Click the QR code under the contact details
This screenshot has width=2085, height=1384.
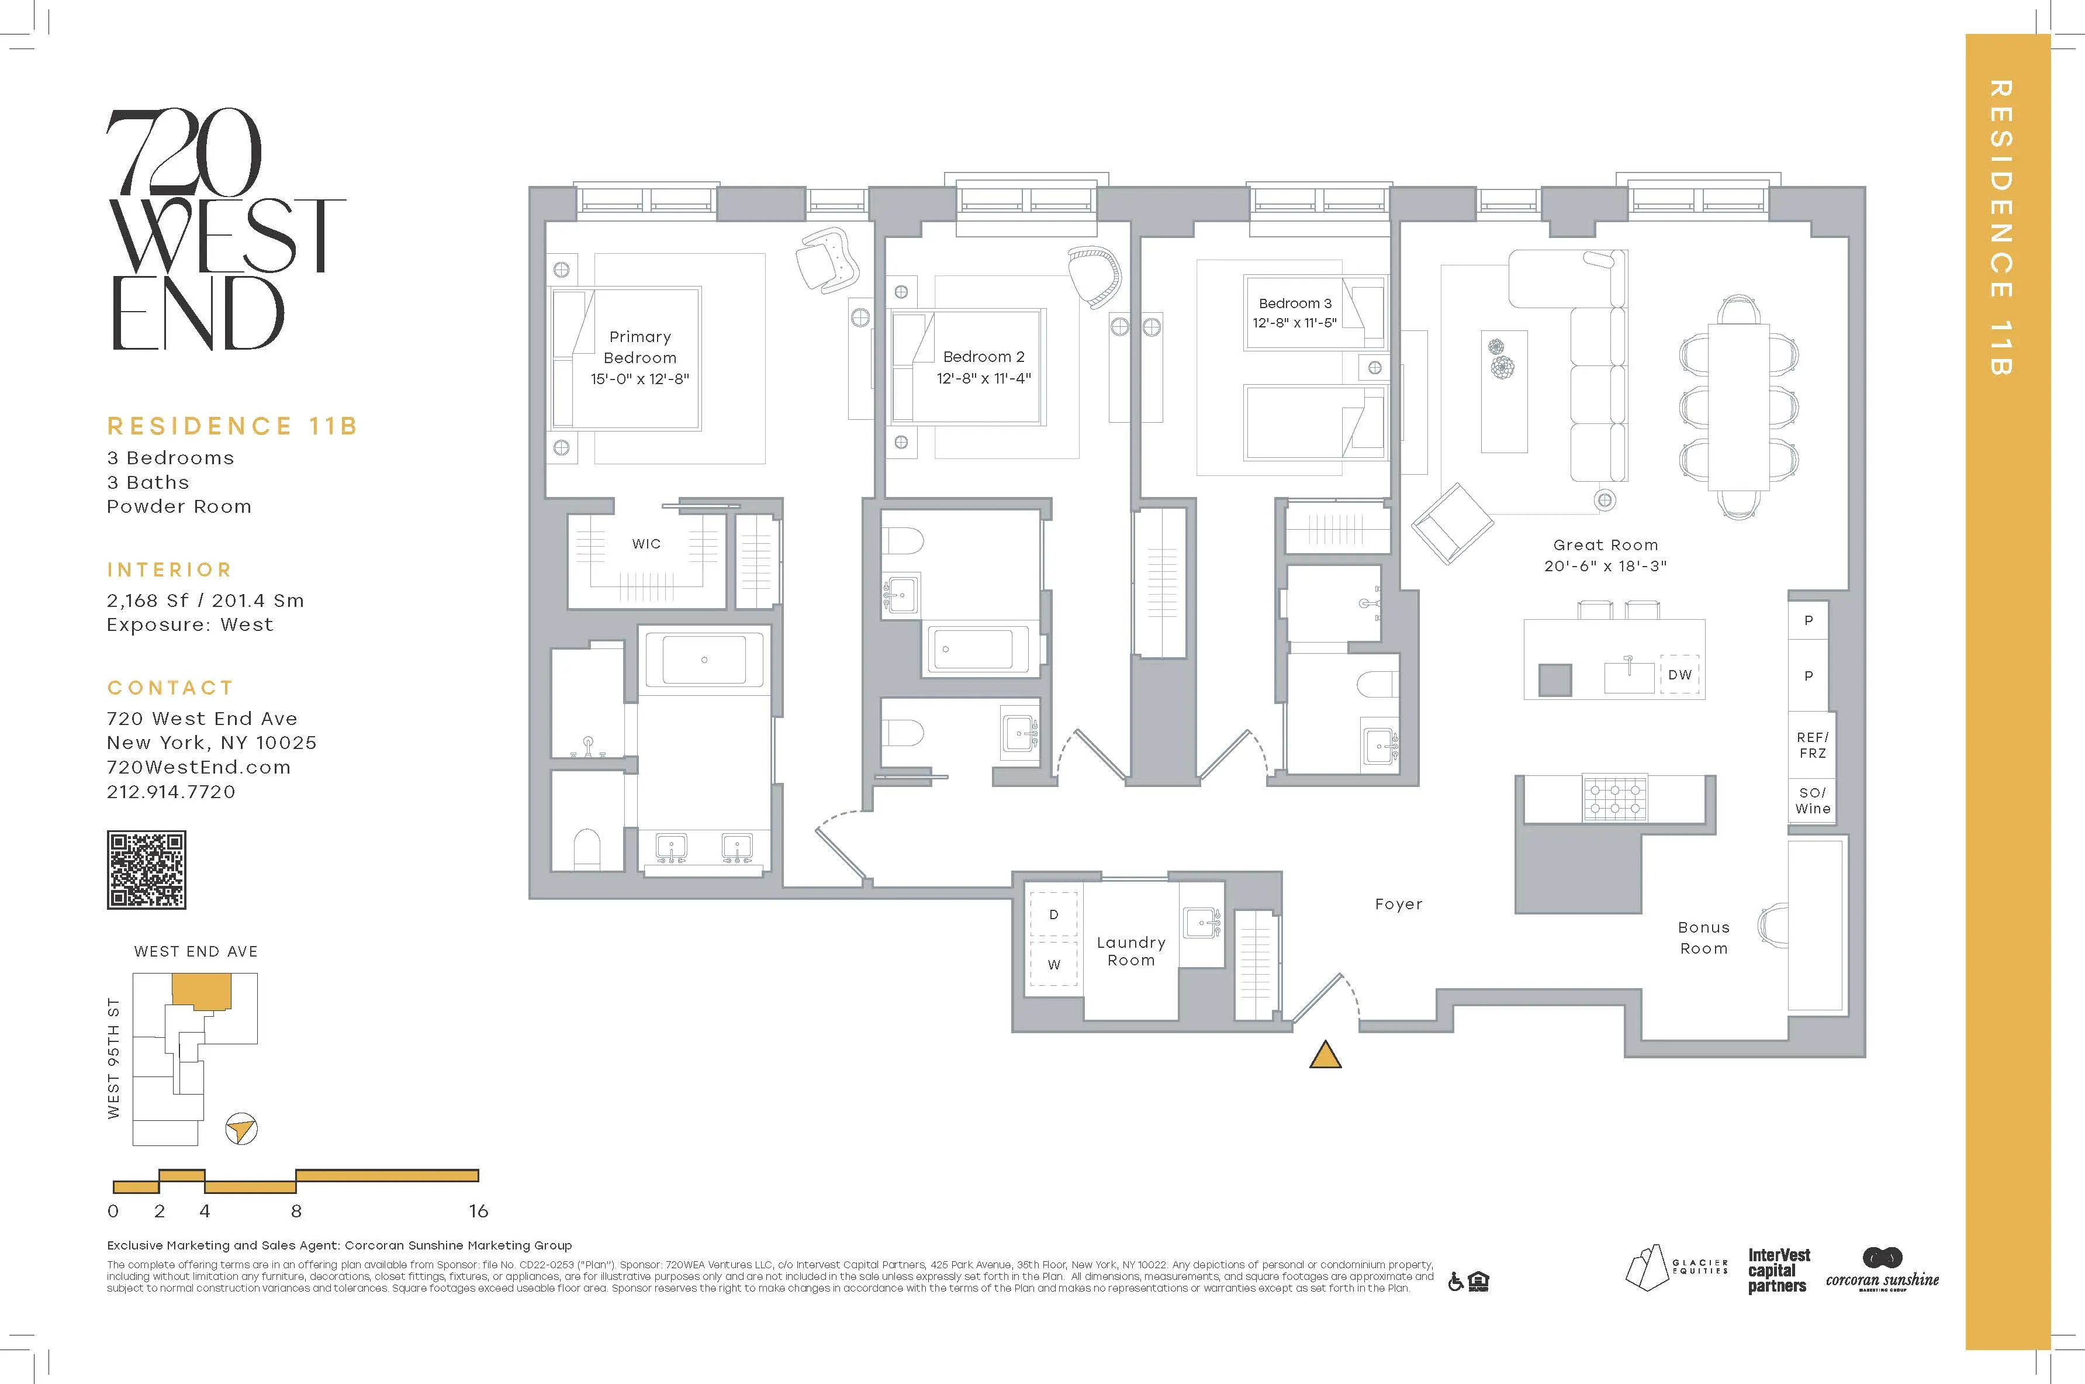147,869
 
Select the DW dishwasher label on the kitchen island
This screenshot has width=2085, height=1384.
1680,674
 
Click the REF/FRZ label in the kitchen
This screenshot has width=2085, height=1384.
1813,745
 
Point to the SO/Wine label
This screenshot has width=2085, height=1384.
1813,800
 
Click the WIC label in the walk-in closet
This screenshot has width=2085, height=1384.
646,544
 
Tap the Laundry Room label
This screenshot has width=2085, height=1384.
1130,951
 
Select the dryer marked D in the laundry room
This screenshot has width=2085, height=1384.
1053,914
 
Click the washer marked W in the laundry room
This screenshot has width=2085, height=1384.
1053,965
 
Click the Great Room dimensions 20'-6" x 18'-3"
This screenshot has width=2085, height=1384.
1605,566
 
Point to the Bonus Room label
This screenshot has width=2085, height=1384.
1703,937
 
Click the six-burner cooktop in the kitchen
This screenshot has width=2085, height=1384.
1614,799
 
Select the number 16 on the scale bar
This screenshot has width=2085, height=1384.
478,1211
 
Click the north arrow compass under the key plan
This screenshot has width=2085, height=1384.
241,1129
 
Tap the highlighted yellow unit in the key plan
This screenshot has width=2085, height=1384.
201,990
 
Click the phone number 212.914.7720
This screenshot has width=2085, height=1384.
171,792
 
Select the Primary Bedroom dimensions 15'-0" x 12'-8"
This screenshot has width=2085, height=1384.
639,379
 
